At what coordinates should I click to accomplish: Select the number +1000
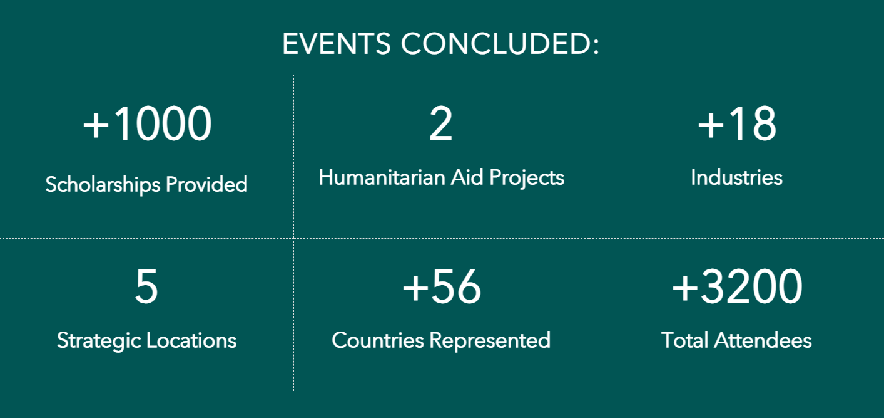[x=147, y=124]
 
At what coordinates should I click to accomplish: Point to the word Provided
[x=207, y=184]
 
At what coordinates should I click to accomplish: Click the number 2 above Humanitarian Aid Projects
[x=440, y=124]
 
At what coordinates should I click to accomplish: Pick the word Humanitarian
[x=382, y=177]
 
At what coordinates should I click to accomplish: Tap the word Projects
[x=527, y=178]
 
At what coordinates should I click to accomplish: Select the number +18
[x=737, y=124]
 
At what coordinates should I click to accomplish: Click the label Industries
[x=736, y=177]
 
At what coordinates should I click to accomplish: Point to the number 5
[x=146, y=286]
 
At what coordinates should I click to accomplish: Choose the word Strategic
[x=99, y=341]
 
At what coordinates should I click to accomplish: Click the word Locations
[x=191, y=340]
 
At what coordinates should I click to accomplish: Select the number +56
[x=442, y=286]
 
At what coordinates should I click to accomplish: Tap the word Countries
[x=378, y=340]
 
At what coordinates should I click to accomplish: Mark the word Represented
[x=490, y=341]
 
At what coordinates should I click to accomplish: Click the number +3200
[x=737, y=286]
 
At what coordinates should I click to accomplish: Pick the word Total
[x=684, y=340]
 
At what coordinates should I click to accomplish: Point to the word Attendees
[x=763, y=340]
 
